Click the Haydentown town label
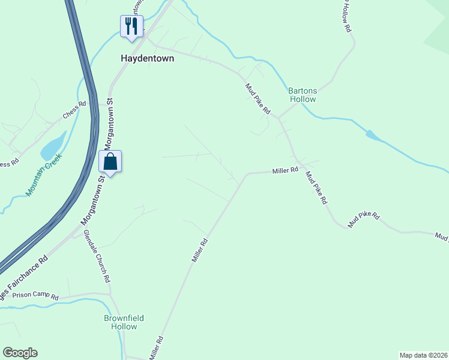[x=147, y=59]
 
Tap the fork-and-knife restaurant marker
[x=131, y=26]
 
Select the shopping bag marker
[x=110, y=161]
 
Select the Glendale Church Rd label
[x=97, y=256]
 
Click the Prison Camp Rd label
[x=36, y=296]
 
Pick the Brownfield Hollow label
[x=124, y=322]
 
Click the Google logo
[x=20, y=353]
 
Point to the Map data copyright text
[x=423, y=355]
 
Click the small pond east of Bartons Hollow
[x=372, y=136]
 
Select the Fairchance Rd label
[x=24, y=281]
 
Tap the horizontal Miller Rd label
[x=285, y=170]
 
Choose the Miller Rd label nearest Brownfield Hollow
[x=156, y=348]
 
